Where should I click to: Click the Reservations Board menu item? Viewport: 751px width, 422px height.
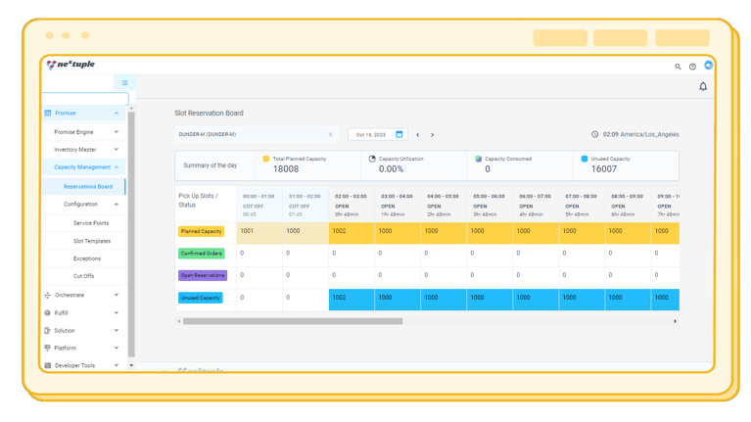tap(88, 186)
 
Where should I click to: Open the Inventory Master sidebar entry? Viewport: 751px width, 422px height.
tap(75, 150)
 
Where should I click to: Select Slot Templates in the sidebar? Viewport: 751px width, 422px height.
tap(92, 241)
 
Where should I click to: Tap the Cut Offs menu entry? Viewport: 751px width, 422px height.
tap(84, 276)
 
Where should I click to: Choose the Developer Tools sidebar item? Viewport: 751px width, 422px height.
tap(75, 365)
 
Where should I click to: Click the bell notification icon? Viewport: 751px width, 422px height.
tap(703, 87)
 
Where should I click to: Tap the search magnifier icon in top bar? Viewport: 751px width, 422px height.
tap(678, 67)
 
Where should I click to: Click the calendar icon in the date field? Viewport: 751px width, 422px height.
tap(399, 135)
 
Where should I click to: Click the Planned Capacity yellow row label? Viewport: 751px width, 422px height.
tap(201, 232)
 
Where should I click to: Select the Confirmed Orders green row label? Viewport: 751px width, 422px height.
tap(202, 254)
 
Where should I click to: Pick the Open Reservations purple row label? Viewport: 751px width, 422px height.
tap(203, 275)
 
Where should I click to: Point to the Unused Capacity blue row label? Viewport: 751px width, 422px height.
tap(201, 298)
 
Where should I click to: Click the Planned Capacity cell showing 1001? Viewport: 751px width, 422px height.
tap(248, 232)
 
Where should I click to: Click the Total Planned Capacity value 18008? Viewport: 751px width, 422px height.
tap(286, 169)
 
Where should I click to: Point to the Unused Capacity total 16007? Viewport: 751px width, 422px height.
tap(604, 169)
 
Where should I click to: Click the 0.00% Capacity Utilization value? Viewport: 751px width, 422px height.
tap(391, 169)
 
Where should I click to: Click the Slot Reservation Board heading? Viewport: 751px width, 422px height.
tap(209, 114)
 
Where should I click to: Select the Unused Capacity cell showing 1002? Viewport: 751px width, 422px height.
tap(340, 298)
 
